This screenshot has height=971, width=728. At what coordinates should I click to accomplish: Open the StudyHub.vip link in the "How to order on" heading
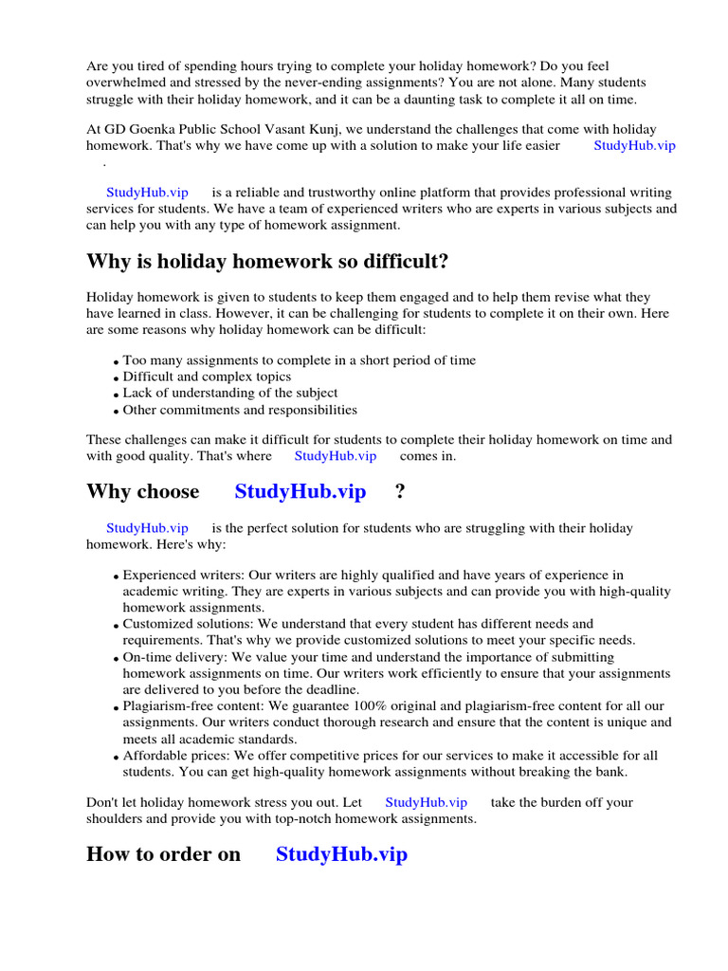click(341, 853)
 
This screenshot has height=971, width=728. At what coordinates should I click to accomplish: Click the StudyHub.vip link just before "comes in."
click(335, 455)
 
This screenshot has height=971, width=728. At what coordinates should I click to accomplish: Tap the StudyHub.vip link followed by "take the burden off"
click(426, 801)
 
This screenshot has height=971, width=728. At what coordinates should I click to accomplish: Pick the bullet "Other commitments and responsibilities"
click(240, 410)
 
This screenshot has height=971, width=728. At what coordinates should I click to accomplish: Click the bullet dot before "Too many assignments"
click(116, 362)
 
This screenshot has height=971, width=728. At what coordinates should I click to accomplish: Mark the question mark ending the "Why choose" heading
click(399, 491)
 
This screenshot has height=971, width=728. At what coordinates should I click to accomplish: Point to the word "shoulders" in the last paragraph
click(115, 818)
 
